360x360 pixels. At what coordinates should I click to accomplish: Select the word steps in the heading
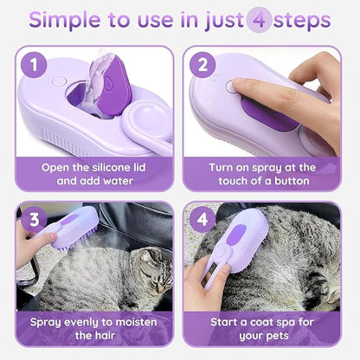tap(305, 21)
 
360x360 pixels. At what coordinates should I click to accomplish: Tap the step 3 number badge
tap(34, 220)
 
